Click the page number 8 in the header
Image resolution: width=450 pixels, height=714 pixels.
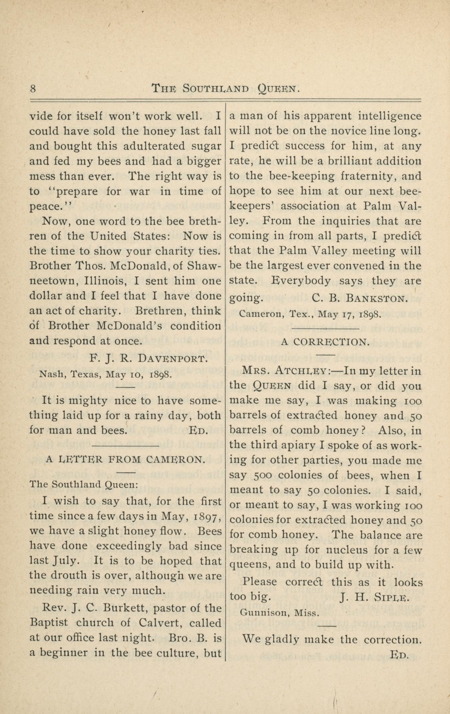point(33,89)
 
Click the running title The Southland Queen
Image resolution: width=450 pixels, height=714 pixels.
point(225,88)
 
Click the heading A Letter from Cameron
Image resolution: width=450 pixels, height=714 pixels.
point(125,460)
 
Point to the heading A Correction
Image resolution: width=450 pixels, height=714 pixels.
point(325,342)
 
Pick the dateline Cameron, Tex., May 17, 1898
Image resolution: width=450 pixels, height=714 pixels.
point(310,314)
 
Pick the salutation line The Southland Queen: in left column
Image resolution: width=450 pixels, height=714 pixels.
point(84,484)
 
